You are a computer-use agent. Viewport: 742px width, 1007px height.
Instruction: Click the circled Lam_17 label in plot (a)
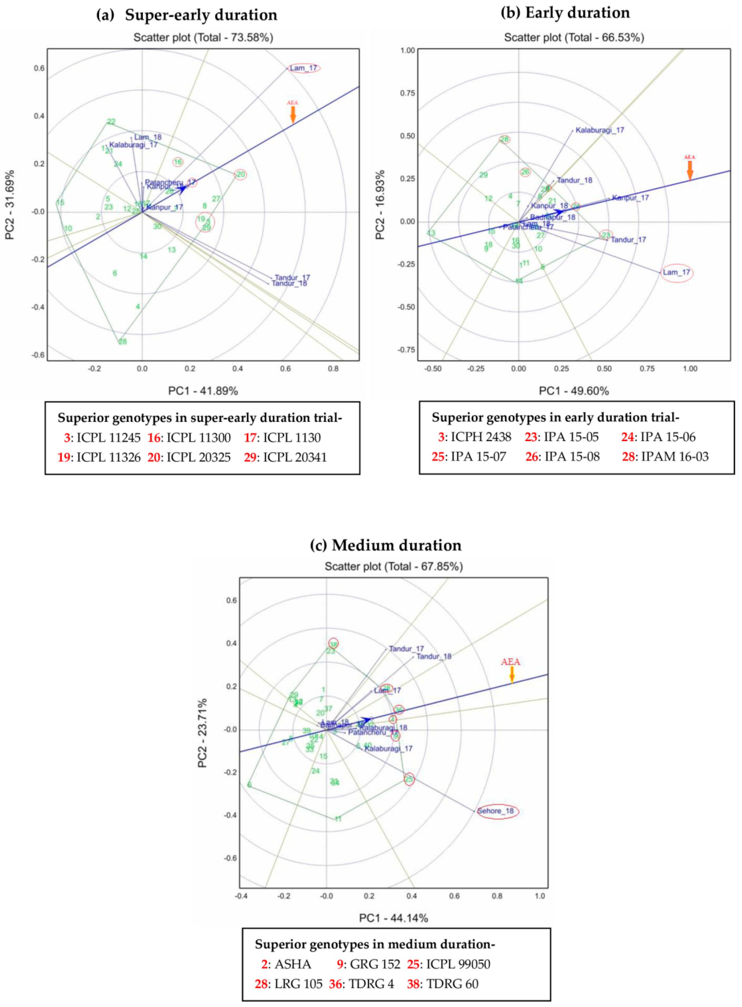click(304, 68)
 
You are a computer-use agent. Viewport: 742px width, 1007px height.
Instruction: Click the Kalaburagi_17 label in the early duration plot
click(600, 130)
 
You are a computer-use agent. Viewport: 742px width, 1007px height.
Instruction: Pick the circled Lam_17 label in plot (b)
click(677, 272)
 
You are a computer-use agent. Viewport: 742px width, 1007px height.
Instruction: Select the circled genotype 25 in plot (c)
click(409, 779)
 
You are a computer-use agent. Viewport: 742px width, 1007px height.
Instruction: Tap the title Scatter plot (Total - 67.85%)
click(394, 567)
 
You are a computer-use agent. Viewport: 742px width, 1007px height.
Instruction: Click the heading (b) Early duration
click(565, 13)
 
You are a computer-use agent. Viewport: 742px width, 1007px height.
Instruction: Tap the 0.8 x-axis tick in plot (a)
click(333, 369)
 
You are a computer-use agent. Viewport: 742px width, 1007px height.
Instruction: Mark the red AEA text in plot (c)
click(511, 662)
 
